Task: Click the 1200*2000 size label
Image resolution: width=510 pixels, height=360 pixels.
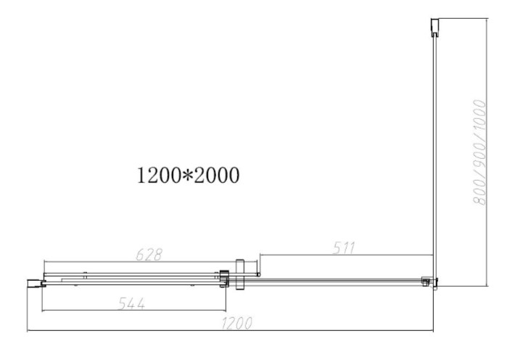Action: point(188,176)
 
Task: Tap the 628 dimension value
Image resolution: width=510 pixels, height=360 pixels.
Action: point(149,255)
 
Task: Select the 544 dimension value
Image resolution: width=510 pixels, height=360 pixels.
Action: point(131,304)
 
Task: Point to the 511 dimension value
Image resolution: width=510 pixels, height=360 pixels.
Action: point(344,248)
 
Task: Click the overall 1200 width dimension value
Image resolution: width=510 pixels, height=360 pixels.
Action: point(237,324)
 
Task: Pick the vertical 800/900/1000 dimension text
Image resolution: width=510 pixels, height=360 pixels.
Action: point(479,152)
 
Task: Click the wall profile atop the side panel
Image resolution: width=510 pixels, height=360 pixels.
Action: point(435,27)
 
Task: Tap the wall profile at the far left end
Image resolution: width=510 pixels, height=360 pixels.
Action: point(35,283)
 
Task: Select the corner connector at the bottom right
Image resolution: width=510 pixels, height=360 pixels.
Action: point(429,282)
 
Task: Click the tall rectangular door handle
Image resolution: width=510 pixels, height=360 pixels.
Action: point(239,274)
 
